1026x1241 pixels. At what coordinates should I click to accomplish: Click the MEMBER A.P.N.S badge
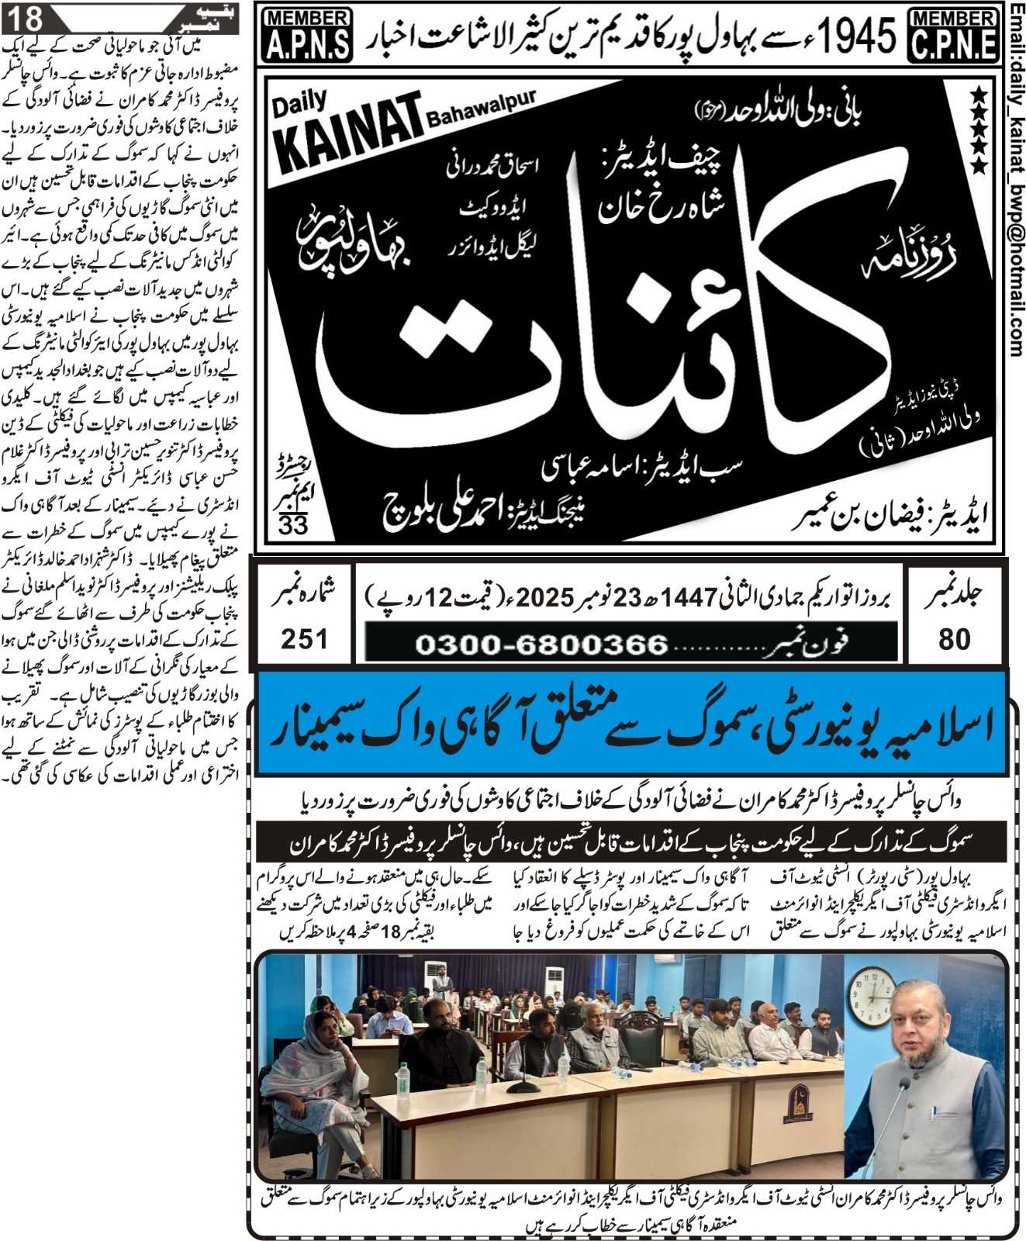[x=308, y=35]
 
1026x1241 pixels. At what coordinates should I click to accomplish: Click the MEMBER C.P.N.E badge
[x=953, y=35]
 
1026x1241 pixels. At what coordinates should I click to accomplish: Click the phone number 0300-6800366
[x=541, y=644]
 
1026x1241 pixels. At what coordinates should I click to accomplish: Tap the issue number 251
[x=304, y=639]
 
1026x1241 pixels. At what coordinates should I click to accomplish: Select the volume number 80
[x=954, y=639]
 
